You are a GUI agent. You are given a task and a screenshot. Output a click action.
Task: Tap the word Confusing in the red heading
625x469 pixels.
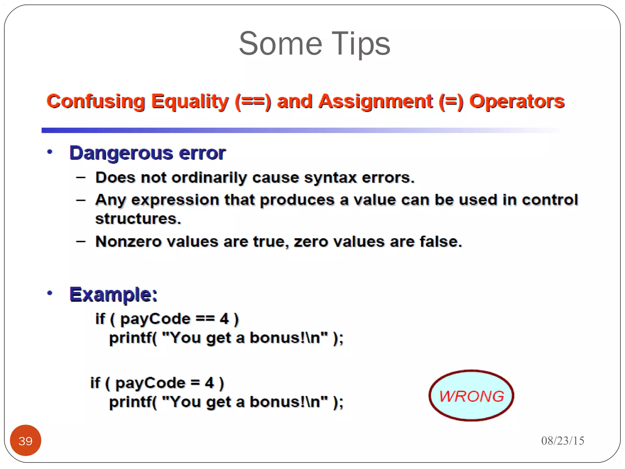pyautogui.click(x=96, y=101)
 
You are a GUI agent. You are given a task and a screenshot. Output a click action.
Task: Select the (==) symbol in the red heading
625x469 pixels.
pyautogui.click(x=253, y=101)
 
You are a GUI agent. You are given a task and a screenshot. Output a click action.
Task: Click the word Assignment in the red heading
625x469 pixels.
pyautogui.click(x=375, y=101)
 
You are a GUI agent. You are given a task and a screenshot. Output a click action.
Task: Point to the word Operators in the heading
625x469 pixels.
pyautogui.click(x=517, y=101)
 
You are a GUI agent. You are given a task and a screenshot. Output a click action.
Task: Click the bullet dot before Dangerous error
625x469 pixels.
pyautogui.click(x=50, y=152)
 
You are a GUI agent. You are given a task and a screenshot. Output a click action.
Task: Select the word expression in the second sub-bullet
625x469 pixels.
pyautogui.click(x=175, y=200)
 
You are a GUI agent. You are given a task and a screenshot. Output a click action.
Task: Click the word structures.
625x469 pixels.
pyautogui.click(x=138, y=219)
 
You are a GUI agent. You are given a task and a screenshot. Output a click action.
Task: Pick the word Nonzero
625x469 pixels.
pyautogui.click(x=128, y=242)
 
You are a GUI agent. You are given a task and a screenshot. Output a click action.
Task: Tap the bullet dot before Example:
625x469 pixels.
pyautogui.click(x=50, y=293)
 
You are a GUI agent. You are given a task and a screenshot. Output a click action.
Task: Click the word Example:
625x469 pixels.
pyautogui.click(x=113, y=295)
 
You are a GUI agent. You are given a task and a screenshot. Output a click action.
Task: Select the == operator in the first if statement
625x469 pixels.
pyautogui.click(x=205, y=319)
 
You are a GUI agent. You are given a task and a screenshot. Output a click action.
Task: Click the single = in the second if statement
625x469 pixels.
pyautogui.click(x=195, y=383)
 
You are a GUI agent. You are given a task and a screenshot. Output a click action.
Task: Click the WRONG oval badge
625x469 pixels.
pyautogui.click(x=471, y=396)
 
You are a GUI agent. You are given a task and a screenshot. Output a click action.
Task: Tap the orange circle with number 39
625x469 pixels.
pyautogui.click(x=26, y=440)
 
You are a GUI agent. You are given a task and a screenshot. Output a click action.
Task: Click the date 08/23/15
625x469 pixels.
pyautogui.click(x=562, y=441)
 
